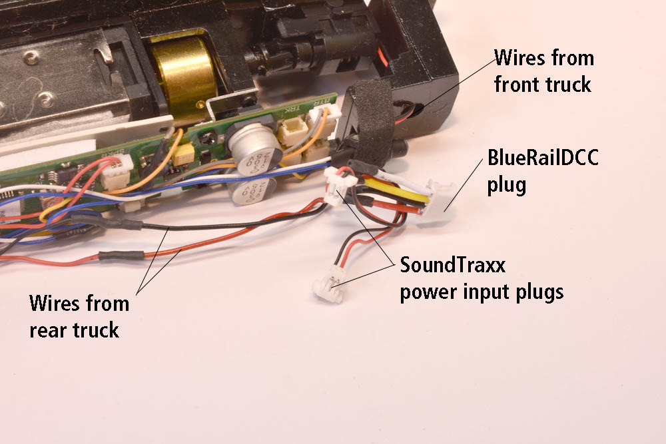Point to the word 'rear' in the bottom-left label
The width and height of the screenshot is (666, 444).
click(x=48, y=330)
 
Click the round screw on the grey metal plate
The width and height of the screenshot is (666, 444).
click(x=46, y=102)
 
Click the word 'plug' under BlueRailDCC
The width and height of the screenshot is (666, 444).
click(x=506, y=184)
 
